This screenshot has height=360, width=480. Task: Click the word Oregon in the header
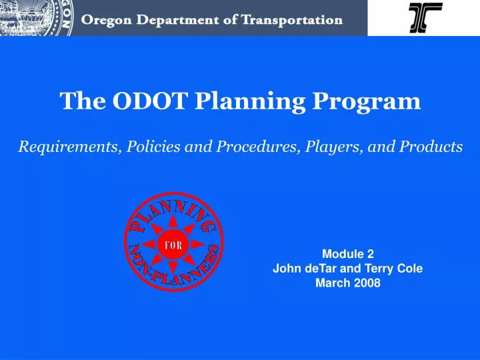coord(106,21)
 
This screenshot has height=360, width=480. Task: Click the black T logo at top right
coord(425,17)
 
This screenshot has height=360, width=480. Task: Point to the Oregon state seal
coord(36,17)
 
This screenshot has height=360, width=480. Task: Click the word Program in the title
coord(367,102)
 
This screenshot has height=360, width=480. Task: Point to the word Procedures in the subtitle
coord(258,146)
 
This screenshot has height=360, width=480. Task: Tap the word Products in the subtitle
coord(431,146)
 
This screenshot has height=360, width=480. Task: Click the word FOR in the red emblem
coord(173,245)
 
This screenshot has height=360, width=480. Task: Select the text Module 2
coord(348,254)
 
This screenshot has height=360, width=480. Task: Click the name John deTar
coord(304,268)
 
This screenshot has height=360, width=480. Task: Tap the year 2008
coord(367,283)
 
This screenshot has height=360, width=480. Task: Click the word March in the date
coord(333,283)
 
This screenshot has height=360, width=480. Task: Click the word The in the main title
coord(83,101)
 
